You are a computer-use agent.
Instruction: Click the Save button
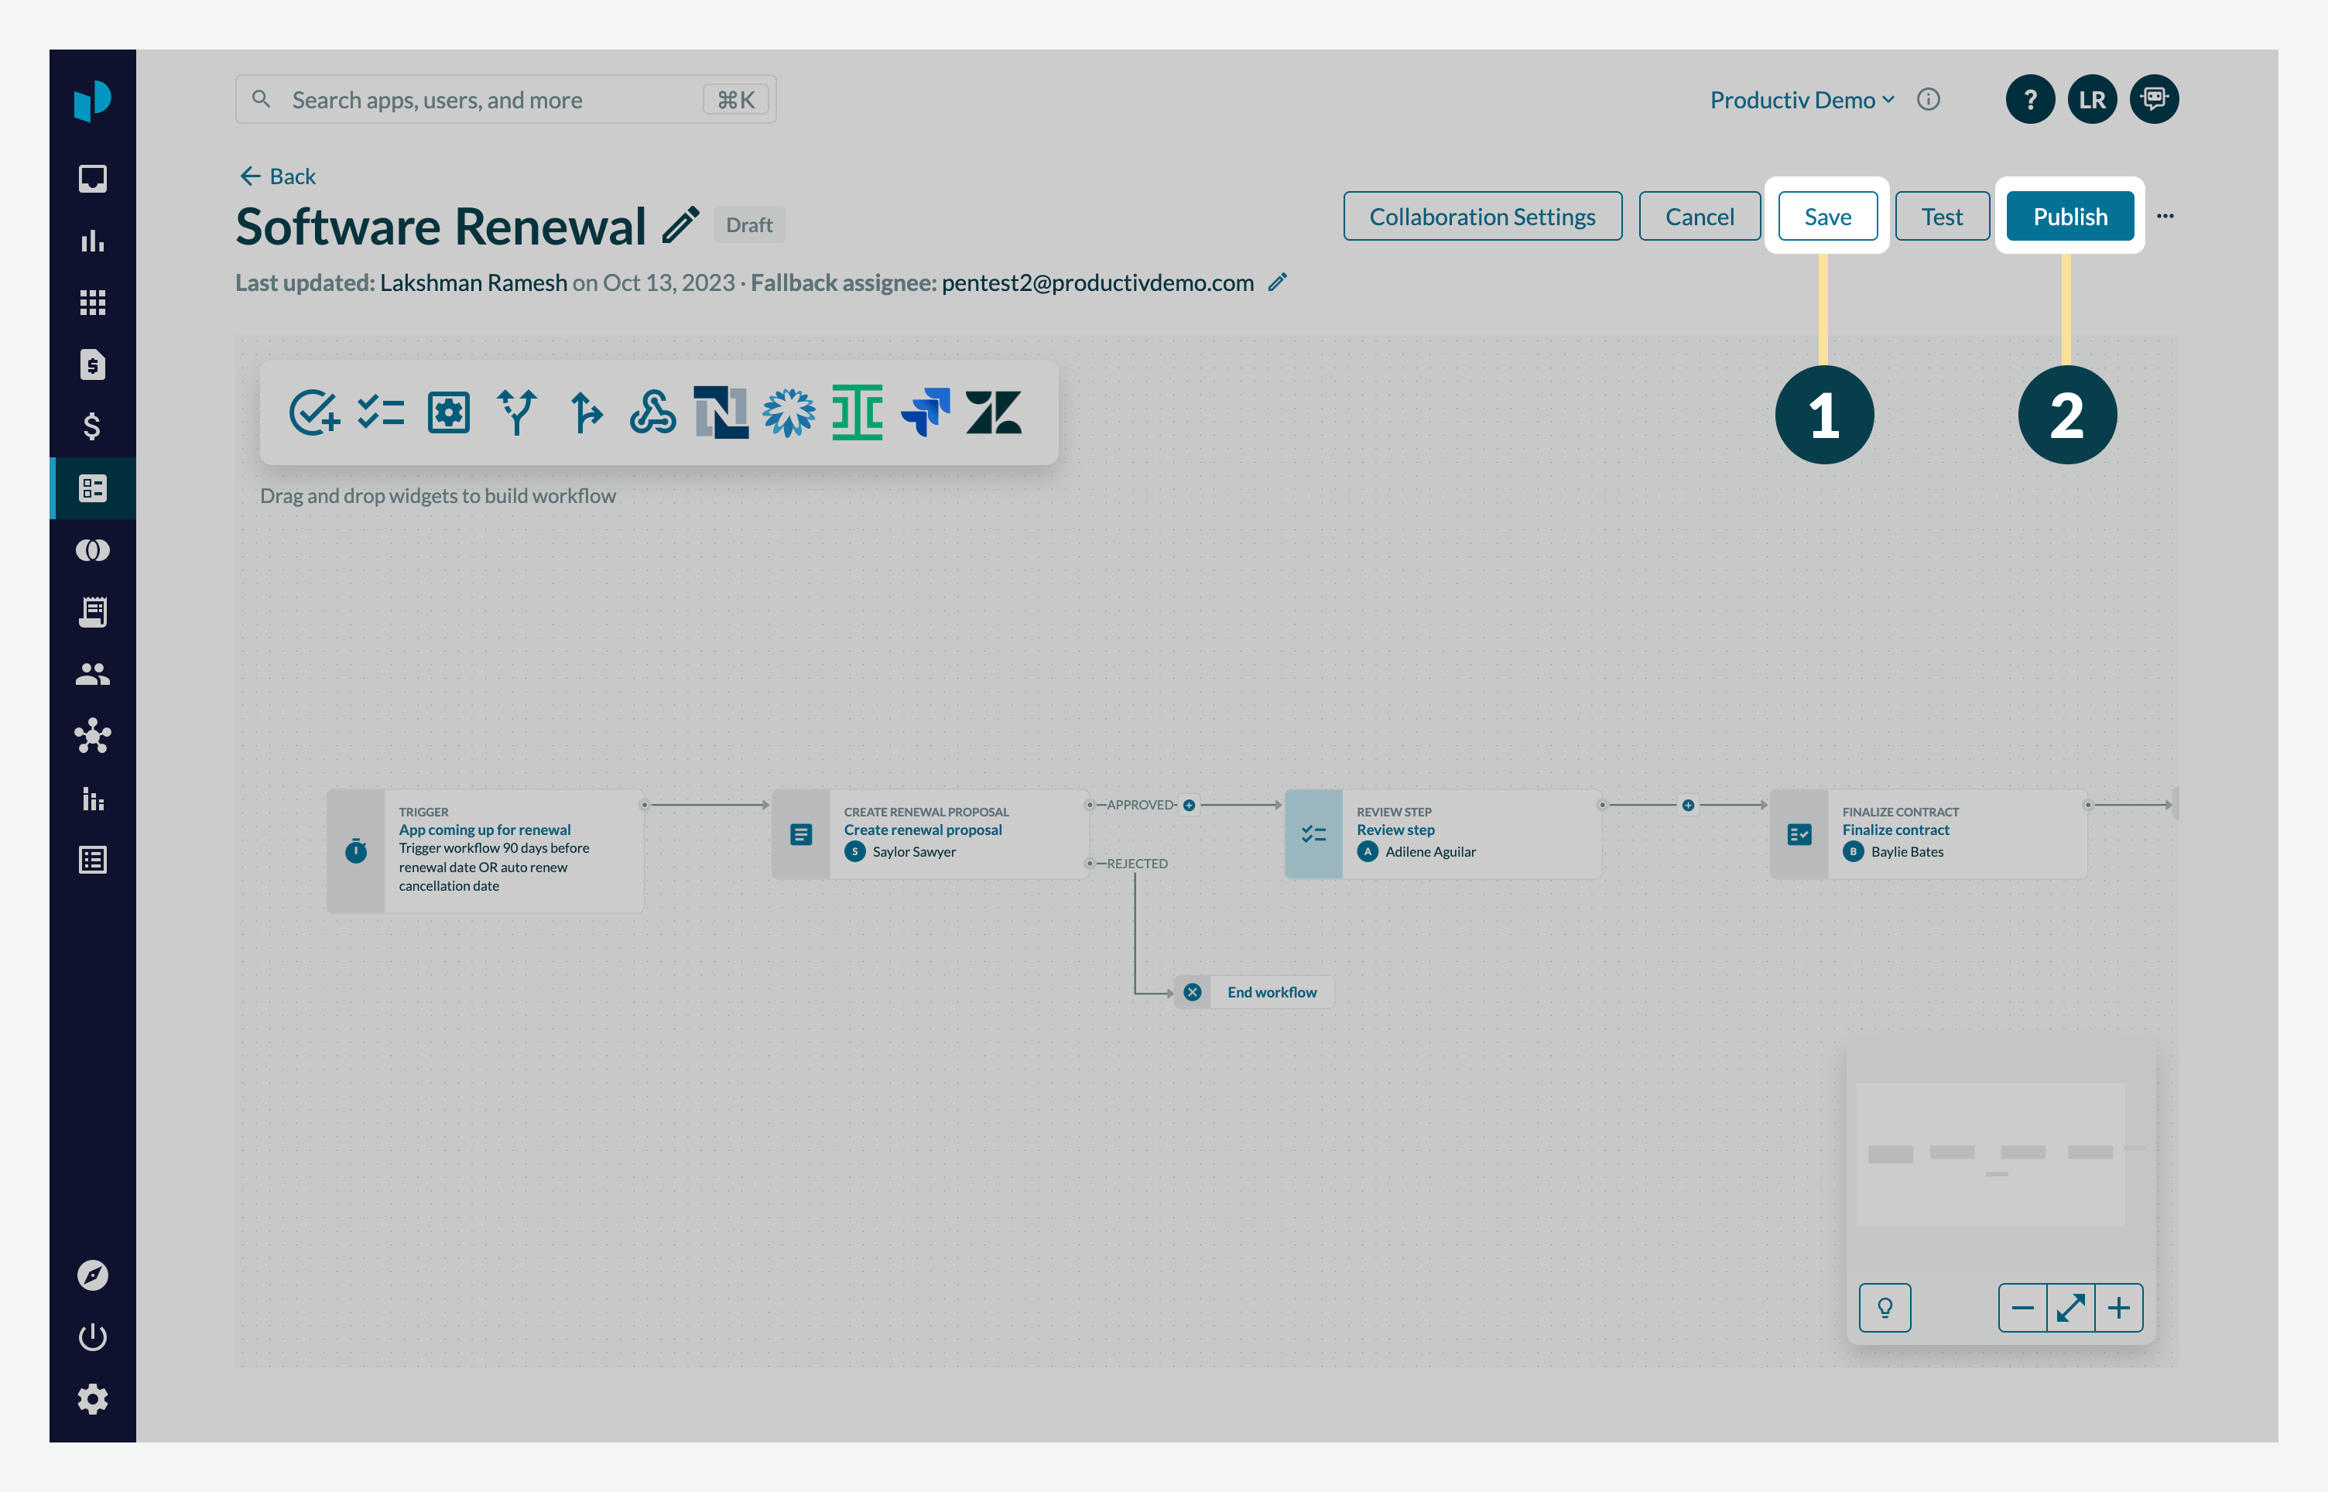[x=1827, y=216]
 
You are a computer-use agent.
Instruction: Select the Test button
[x=1942, y=216]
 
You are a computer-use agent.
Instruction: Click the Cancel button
[x=1700, y=216]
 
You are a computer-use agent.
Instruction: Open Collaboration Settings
[x=1481, y=216]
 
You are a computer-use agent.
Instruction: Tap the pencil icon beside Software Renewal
[x=680, y=226]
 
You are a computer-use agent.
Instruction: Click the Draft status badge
[x=749, y=224]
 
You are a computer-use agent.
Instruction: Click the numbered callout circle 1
[x=1823, y=415]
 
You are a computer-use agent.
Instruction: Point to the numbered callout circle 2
[x=2066, y=415]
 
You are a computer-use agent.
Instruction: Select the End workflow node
[x=1270, y=992]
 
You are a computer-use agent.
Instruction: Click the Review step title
[x=1395, y=830]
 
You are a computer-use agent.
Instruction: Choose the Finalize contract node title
[x=1895, y=830]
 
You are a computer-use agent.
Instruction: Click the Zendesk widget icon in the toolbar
[x=993, y=412]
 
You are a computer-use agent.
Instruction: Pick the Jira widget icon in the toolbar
[x=925, y=412]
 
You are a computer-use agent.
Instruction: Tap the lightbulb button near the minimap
[x=1885, y=1308]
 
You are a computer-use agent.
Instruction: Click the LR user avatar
[x=2092, y=100]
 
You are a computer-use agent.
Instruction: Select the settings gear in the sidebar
[x=93, y=1399]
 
